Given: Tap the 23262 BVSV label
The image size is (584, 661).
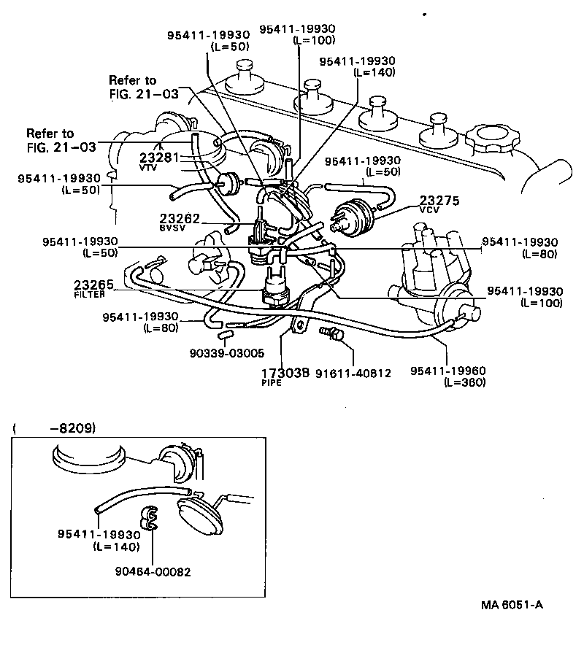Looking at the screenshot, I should tap(179, 221).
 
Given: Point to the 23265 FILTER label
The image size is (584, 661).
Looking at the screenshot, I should tap(94, 288).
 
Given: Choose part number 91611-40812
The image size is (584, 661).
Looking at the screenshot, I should tap(354, 373).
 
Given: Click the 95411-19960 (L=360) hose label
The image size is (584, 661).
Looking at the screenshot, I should tap(448, 376).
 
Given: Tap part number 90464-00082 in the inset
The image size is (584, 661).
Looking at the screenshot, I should tap(152, 572).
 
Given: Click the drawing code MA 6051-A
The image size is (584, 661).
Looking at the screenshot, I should tap(512, 605).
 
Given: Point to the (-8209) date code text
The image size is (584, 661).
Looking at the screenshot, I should tap(54, 428).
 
